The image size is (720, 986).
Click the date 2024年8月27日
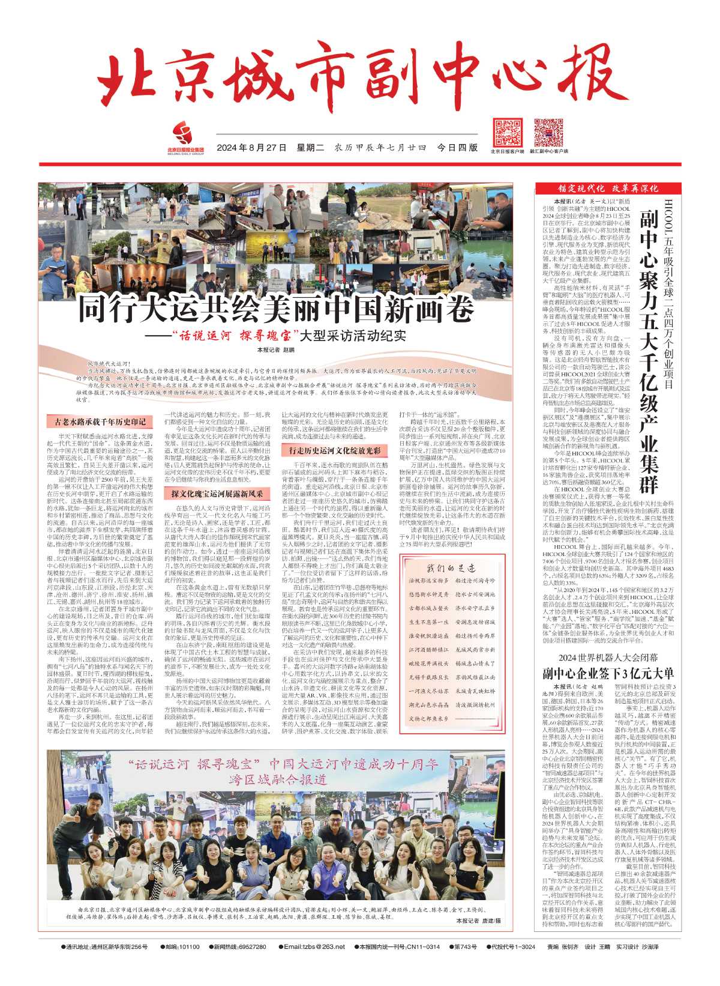pyautogui.click(x=251, y=148)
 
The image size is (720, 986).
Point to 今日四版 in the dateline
pyautogui.click(x=458, y=148)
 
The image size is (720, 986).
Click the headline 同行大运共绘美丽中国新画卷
pyautogui.click(x=277, y=310)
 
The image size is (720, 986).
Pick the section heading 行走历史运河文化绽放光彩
pyautogui.click(x=335, y=449)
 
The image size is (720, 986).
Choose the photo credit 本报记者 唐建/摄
pyautogui.click(x=478, y=920)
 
